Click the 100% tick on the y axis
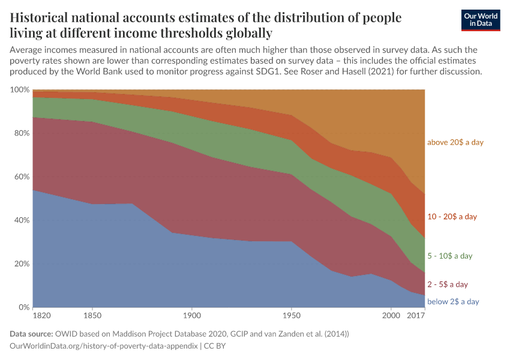click(x=20, y=90)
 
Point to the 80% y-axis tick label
click(x=22, y=133)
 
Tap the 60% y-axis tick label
click(x=22, y=177)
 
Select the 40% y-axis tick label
click(x=22, y=220)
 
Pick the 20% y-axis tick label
click(x=22, y=264)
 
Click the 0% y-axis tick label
click(x=23, y=307)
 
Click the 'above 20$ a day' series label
click(x=455, y=143)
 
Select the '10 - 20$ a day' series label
click(x=452, y=217)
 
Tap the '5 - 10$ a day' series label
click(x=450, y=256)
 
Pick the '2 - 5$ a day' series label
click(x=447, y=284)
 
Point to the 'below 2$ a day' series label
click(x=453, y=302)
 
